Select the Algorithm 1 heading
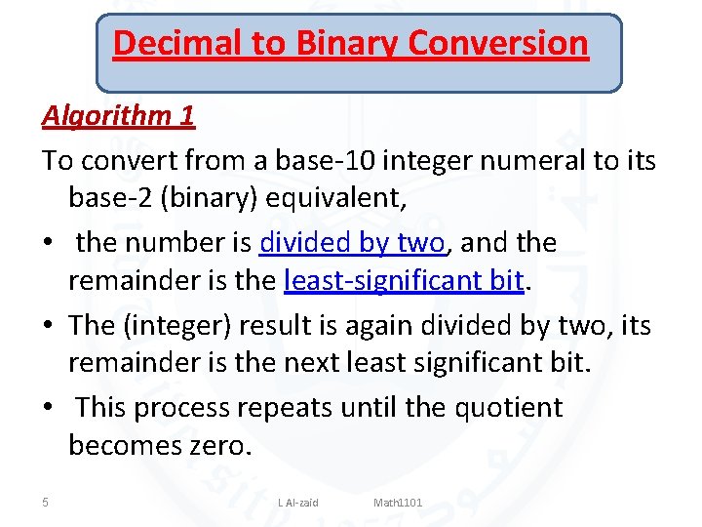coord(118,116)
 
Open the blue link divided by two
coord(352,241)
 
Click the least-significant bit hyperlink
coord(404,282)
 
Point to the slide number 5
coord(46,503)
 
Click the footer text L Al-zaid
coord(297,503)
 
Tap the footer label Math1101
coord(398,503)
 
